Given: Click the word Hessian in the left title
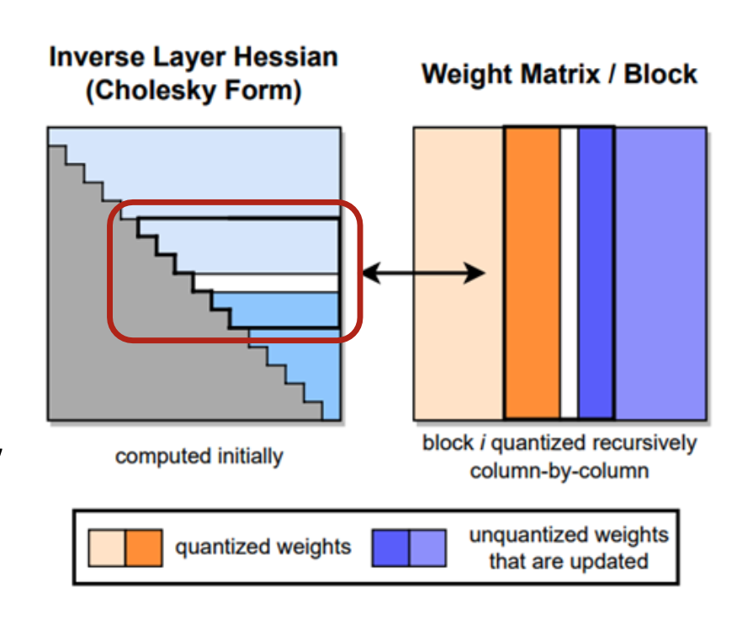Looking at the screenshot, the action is click(x=286, y=57).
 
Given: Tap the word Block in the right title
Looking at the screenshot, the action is click(x=660, y=74).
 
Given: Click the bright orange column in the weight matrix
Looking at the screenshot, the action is click(x=533, y=273).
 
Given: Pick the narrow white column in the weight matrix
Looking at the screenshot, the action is click(x=569, y=273).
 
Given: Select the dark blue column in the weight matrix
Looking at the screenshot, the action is click(x=595, y=273).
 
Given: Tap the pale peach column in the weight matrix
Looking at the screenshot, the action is click(x=459, y=273).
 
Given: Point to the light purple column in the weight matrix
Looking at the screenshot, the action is click(x=660, y=273).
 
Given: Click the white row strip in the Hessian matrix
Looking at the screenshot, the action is click(x=266, y=283).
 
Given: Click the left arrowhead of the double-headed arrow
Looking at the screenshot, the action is click(x=372, y=273).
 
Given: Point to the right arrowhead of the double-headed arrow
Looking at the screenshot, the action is click(x=475, y=273).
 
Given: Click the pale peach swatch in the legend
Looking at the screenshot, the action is click(x=107, y=548).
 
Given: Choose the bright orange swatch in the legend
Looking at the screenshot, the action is click(x=144, y=548).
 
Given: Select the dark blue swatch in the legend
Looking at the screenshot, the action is click(x=390, y=548).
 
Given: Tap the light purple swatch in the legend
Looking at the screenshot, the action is click(x=427, y=548).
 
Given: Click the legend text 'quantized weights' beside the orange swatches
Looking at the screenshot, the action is click(x=263, y=547).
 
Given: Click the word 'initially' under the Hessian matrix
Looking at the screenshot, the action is click(x=250, y=456).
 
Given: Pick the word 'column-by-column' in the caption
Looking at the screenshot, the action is click(x=560, y=471).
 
